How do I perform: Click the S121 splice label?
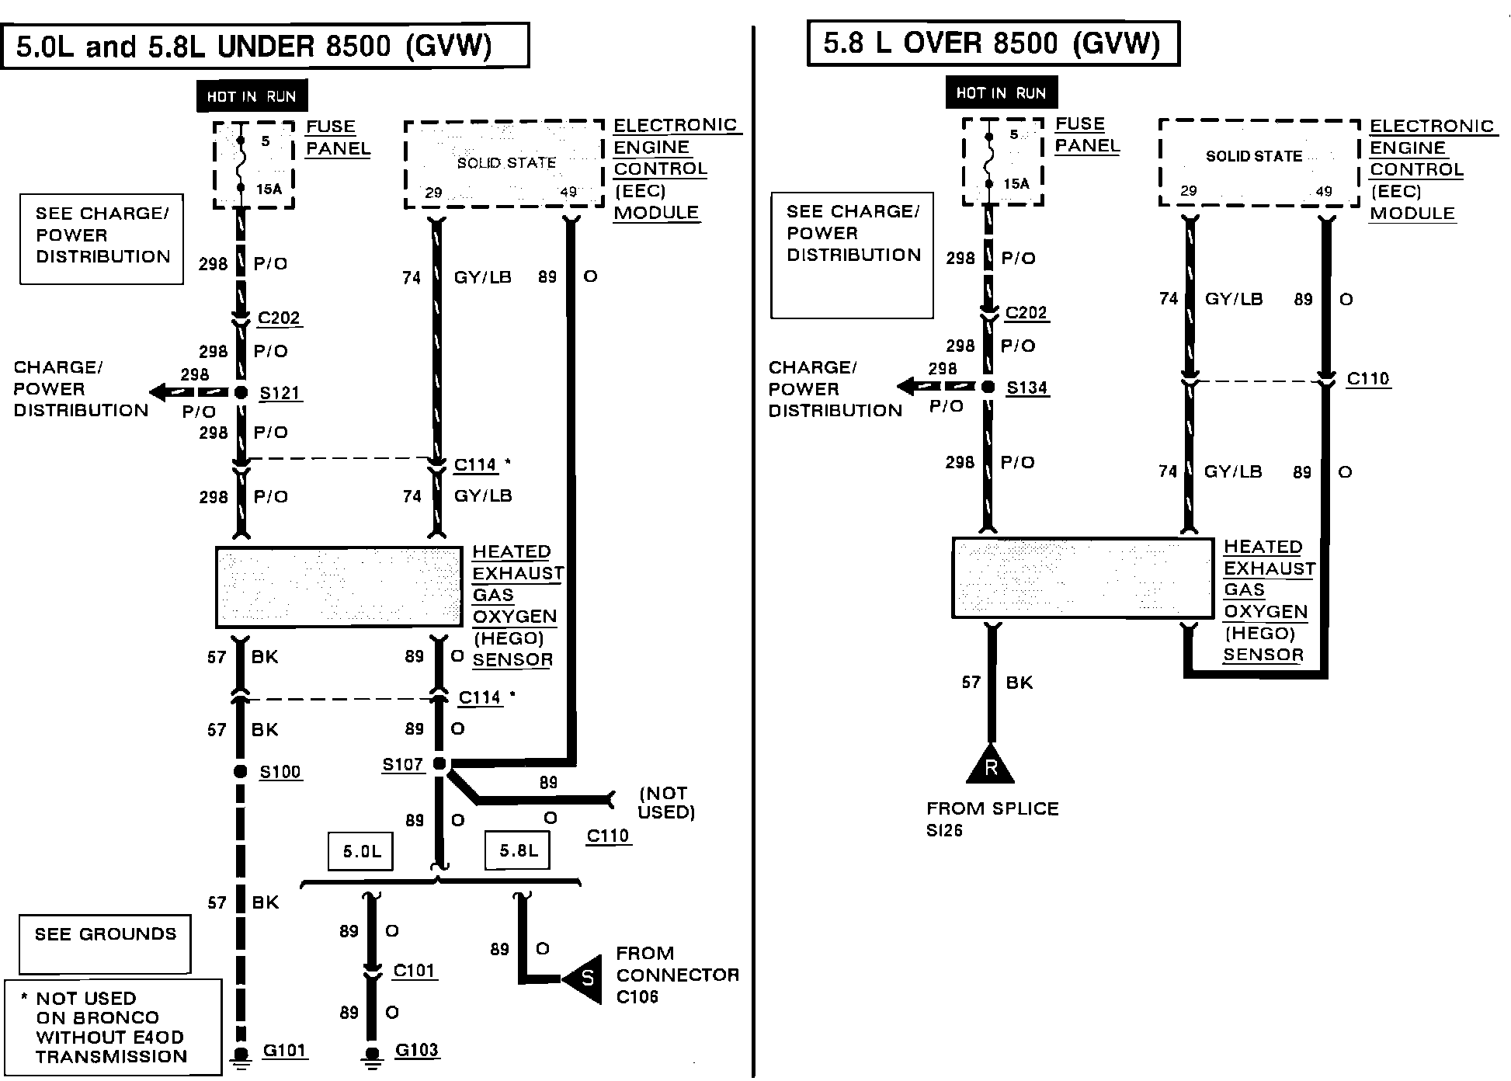[280, 393]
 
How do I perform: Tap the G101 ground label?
[284, 1051]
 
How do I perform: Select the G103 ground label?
[416, 1051]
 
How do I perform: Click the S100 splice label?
[280, 772]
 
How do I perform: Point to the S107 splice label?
[402, 765]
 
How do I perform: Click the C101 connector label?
[414, 971]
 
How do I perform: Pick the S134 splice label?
[1026, 388]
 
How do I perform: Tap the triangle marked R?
[991, 766]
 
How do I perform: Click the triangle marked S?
[585, 978]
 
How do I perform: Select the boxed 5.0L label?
[362, 851]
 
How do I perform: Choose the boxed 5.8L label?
[518, 850]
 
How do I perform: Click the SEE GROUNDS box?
[105, 944]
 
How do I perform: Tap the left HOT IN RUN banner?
[252, 96]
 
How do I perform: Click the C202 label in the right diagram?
[1026, 313]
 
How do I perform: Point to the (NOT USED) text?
[666, 803]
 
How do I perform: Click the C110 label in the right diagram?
[1367, 379]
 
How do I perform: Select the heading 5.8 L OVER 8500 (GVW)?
[992, 43]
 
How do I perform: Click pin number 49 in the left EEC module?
[568, 192]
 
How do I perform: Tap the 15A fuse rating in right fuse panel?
[1016, 184]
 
